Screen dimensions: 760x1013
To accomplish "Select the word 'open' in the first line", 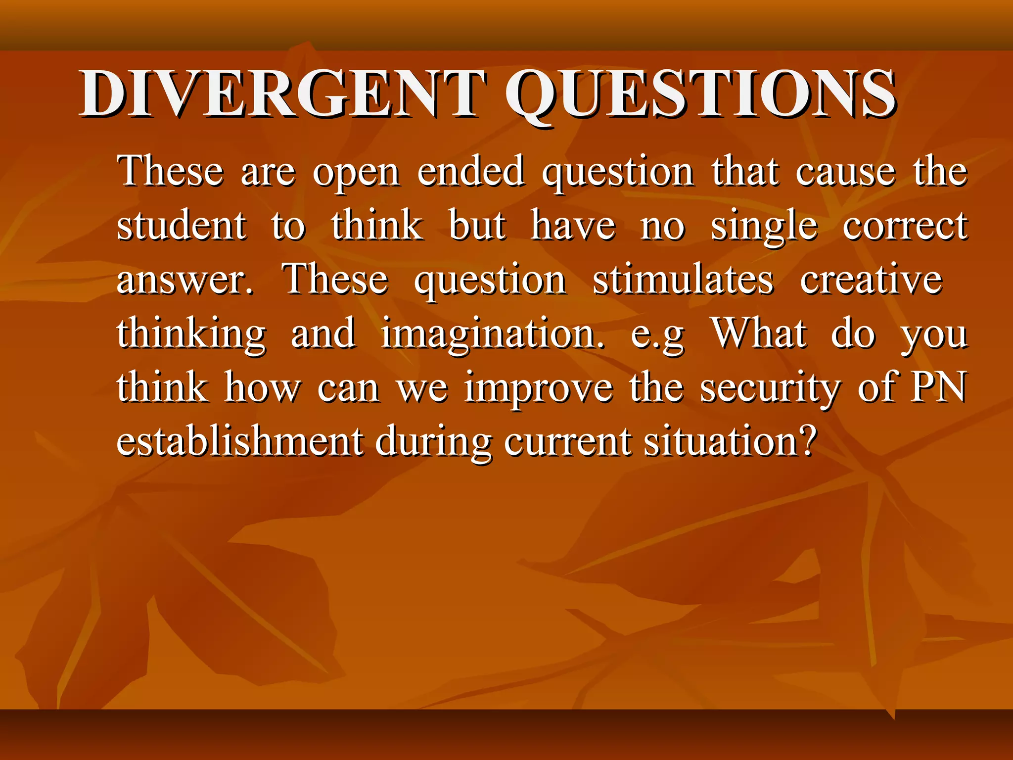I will (356, 173).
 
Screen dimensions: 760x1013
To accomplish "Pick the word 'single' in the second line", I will (764, 227).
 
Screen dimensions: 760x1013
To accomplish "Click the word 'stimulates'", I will (683, 279).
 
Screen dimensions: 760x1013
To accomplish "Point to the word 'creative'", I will (871, 279).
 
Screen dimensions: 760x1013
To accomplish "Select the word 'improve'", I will (539, 388).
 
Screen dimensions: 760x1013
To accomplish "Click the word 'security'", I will (770, 388).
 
